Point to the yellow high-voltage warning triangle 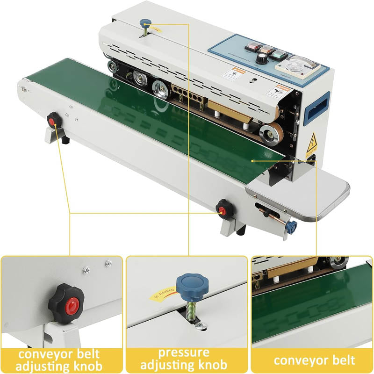pos(312,139)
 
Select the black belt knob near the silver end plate pos(225,208)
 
